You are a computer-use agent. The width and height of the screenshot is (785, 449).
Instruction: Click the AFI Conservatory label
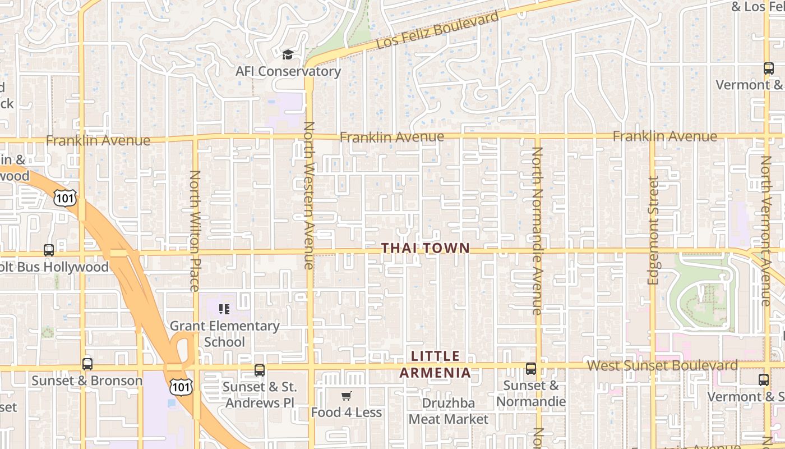click(288, 71)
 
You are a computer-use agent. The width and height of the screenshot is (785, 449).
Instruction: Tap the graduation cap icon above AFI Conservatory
click(288, 54)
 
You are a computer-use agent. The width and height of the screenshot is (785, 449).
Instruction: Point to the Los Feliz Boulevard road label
click(437, 30)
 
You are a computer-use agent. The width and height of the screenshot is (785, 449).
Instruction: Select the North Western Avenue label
click(308, 195)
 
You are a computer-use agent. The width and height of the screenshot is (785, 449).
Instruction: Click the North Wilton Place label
click(195, 231)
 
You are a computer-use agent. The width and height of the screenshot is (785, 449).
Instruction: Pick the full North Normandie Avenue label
click(537, 230)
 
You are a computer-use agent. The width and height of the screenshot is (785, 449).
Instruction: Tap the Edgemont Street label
click(653, 230)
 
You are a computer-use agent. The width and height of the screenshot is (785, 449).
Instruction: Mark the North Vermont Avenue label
click(766, 231)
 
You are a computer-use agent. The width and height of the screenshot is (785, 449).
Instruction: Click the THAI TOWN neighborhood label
click(425, 248)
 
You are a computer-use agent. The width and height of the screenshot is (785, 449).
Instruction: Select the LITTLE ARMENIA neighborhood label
click(435, 364)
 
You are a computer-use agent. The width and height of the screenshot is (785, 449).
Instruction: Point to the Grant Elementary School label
click(224, 333)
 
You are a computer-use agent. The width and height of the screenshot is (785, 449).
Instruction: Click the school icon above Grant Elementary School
click(224, 309)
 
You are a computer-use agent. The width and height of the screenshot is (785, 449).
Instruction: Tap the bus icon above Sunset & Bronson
click(87, 364)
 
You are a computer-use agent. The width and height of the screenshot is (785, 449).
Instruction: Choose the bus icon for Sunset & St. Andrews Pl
click(260, 370)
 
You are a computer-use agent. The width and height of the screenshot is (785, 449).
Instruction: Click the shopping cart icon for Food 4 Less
click(347, 396)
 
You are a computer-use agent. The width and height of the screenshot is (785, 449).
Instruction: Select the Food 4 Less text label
click(347, 413)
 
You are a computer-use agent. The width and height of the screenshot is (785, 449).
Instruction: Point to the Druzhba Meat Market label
click(449, 411)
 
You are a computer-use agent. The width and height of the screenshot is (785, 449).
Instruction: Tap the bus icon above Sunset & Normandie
click(530, 369)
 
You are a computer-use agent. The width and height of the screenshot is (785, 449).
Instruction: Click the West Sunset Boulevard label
click(662, 366)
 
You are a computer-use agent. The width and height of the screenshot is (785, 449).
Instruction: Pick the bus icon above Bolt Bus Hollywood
click(49, 250)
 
